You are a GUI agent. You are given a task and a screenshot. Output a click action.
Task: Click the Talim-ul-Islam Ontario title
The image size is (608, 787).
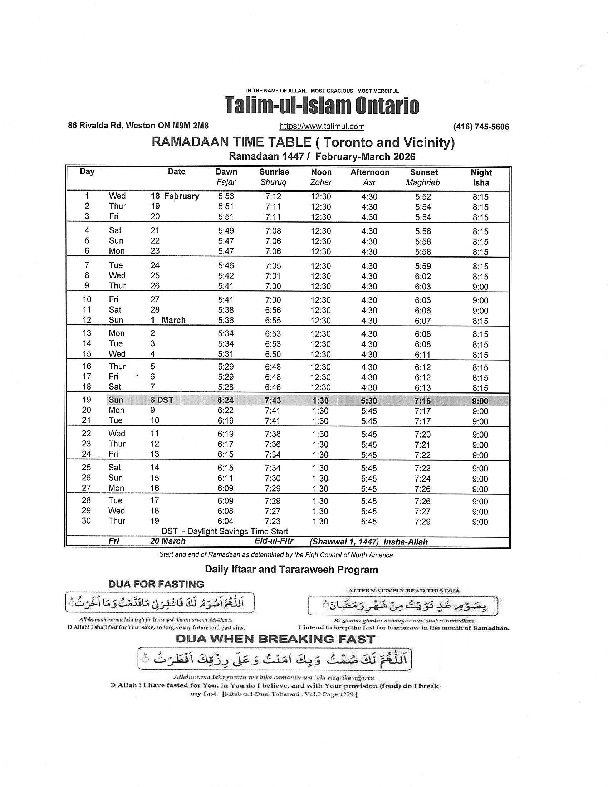322,106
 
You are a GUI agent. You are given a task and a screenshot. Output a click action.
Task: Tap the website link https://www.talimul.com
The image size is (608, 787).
322,127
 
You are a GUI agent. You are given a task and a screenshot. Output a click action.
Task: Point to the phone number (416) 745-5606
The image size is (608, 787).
481,127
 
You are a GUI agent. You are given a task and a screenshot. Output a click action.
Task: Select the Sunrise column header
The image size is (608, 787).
274,172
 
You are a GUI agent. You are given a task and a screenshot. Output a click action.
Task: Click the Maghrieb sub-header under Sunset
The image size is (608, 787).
423,183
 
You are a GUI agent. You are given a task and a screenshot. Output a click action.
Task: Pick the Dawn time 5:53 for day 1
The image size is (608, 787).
226,196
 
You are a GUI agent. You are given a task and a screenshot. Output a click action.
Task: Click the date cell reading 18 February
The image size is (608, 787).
175,196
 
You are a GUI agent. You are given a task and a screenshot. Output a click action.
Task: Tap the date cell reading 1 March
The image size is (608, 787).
168,320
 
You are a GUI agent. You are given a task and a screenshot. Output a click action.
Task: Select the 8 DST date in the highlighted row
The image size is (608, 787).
162,400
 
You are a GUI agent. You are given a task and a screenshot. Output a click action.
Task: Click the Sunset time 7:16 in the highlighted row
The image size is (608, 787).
422,401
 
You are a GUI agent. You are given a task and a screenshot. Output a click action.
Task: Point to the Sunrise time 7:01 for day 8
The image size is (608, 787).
273,276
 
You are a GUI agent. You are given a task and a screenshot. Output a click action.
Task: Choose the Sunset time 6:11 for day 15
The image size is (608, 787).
422,355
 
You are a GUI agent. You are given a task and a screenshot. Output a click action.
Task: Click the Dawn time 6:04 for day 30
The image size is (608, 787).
225,521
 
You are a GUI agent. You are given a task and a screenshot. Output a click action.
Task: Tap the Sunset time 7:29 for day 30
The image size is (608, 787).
422,522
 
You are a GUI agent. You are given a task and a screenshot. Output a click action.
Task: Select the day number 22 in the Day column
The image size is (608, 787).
87,434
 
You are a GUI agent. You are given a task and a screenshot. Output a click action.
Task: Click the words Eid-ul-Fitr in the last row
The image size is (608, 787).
274,541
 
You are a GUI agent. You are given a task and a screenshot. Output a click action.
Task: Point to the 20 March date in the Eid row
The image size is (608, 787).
168,541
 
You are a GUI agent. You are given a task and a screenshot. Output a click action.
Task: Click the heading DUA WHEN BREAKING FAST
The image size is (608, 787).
275,639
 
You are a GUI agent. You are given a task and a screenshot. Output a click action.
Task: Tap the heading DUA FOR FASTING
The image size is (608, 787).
156,584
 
